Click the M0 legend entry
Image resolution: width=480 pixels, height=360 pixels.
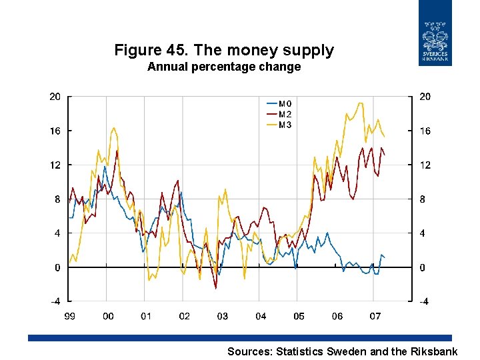coord(285,103)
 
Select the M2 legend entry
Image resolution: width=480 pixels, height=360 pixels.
coord(285,114)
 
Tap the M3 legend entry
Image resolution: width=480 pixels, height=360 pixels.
coord(285,125)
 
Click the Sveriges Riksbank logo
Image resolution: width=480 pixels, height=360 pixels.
coord(435,33)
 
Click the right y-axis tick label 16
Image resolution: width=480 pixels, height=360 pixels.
coord(425,131)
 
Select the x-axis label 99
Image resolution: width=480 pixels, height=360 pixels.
coord(69,316)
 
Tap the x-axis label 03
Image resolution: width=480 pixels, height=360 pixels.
coord(222,316)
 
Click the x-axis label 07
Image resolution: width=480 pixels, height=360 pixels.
coord(375,316)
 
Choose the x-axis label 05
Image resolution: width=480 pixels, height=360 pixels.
coord(299,316)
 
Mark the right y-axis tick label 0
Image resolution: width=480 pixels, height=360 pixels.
coord(422,268)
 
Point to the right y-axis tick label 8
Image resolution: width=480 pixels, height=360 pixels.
coord(422,199)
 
